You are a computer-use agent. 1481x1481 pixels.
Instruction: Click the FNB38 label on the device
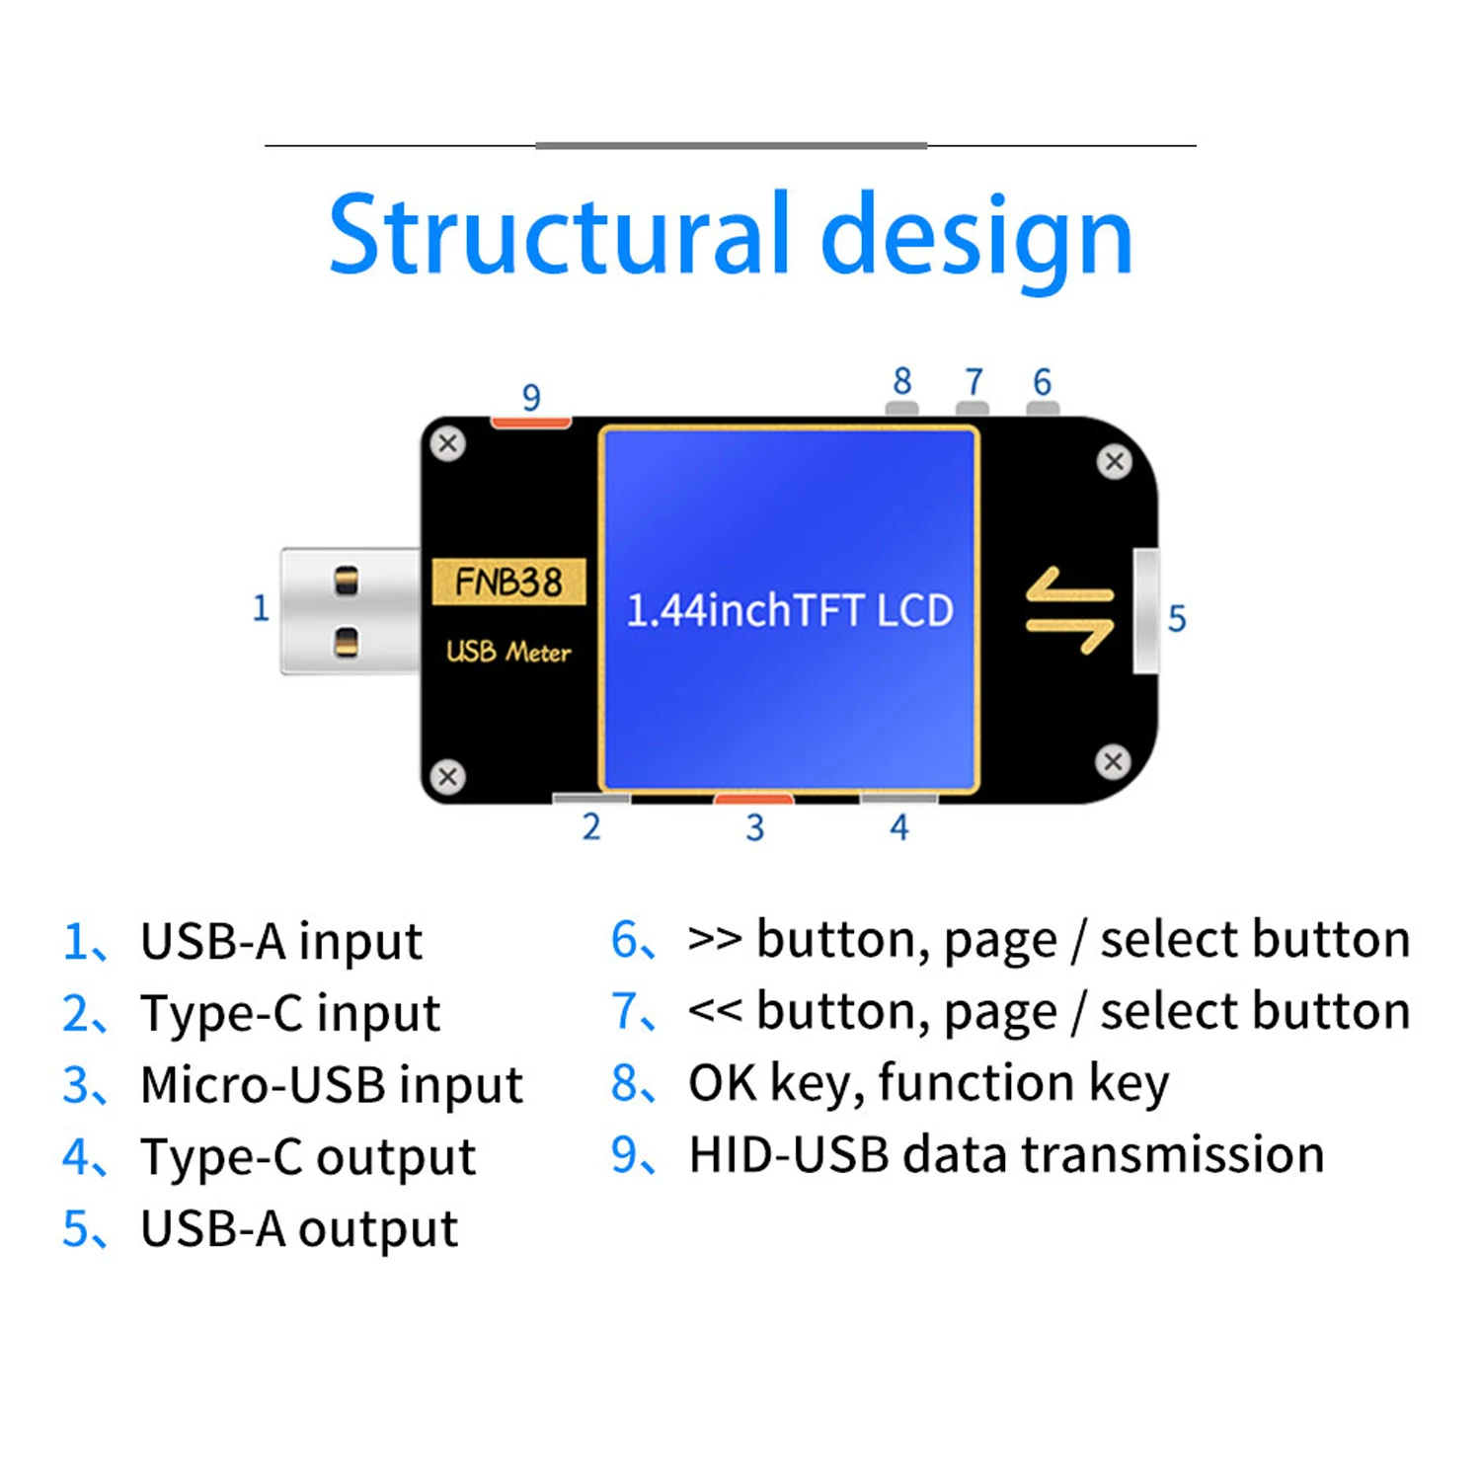(508, 582)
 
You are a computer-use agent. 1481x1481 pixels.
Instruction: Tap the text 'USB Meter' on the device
(508, 652)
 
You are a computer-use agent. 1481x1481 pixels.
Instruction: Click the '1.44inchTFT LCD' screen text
(790, 611)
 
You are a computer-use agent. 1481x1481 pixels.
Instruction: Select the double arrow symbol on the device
(1069, 610)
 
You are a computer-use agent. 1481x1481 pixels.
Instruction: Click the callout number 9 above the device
(531, 397)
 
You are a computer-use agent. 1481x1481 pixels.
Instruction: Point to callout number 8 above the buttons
(902, 381)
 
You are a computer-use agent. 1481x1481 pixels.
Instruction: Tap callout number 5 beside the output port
(1176, 619)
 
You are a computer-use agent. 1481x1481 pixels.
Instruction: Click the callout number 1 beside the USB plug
(261, 607)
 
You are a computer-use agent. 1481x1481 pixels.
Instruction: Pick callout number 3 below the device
(754, 827)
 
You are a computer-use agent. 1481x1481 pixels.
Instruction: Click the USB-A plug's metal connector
(350, 611)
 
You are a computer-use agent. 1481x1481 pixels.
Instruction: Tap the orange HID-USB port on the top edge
(531, 423)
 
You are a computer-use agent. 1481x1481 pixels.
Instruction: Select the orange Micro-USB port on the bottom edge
(753, 798)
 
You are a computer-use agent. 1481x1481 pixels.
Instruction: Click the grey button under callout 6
(1043, 408)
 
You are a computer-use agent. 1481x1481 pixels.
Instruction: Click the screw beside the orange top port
(448, 443)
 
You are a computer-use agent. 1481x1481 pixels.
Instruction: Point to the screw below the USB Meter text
(448, 776)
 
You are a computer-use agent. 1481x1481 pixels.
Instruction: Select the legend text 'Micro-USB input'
(331, 1085)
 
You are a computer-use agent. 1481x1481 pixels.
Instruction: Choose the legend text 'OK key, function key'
(928, 1083)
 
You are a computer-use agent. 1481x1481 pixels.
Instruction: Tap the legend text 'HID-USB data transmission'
(1006, 1155)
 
